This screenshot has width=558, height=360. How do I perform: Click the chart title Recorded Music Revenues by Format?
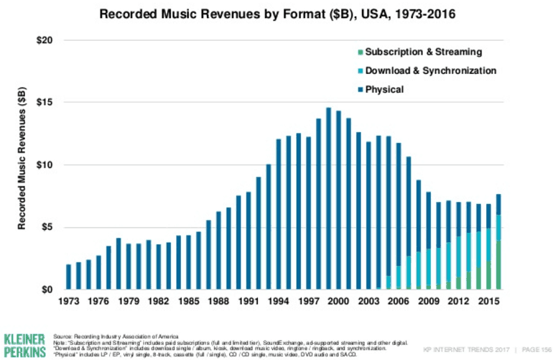pos(279,14)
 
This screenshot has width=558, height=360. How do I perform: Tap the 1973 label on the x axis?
pos(69,300)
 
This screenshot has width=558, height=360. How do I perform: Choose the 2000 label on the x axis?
pos(338,300)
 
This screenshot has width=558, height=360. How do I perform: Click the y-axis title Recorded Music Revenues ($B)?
pos(22,165)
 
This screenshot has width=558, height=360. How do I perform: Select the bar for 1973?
pos(69,277)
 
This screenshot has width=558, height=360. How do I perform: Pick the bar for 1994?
pos(279,215)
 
